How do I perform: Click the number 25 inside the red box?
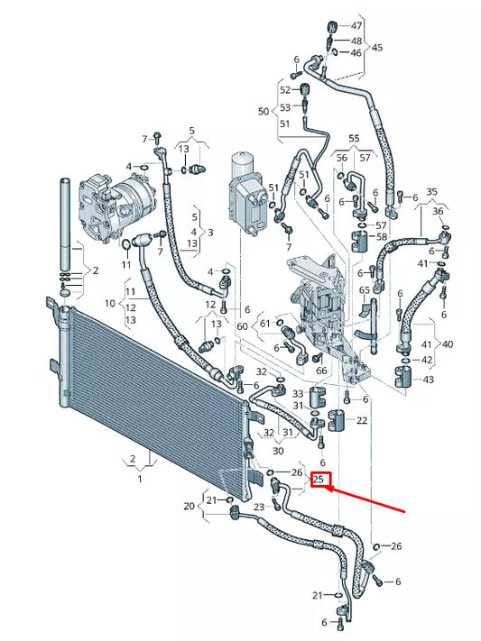pyautogui.click(x=319, y=480)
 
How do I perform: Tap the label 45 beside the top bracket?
pyautogui.click(x=377, y=47)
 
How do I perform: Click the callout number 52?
pyautogui.click(x=285, y=89)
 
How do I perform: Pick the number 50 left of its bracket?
pyautogui.click(x=264, y=111)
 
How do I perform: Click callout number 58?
pyautogui.click(x=382, y=237)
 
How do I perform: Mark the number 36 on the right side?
pyautogui.click(x=439, y=211)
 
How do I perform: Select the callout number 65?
pyautogui.click(x=364, y=290)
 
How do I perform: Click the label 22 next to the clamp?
pyautogui.click(x=362, y=420)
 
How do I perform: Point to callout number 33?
pyautogui.click(x=298, y=393)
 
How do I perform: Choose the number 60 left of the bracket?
pyautogui.click(x=242, y=325)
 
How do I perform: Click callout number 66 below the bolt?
pyautogui.click(x=320, y=371)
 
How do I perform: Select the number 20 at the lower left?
pyautogui.click(x=190, y=506)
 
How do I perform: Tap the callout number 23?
pyautogui.click(x=259, y=507)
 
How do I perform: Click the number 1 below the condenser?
pyautogui.click(x=140, y=479)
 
